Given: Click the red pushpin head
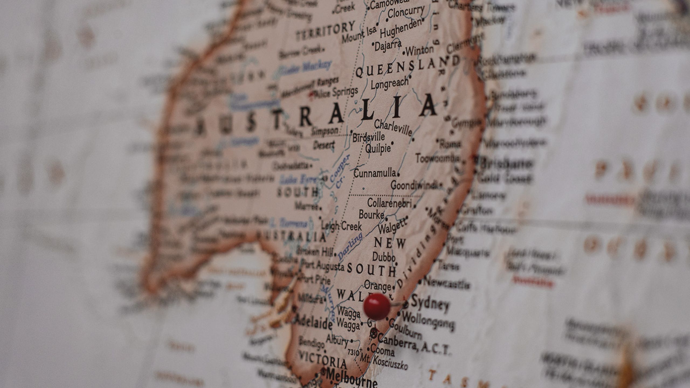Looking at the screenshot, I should point(377,307).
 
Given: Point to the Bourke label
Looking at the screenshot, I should point(371,214).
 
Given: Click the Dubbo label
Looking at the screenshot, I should point(384,257).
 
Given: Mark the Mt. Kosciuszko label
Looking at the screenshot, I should point(384,361).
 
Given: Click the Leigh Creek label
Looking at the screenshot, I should point(341,226).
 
